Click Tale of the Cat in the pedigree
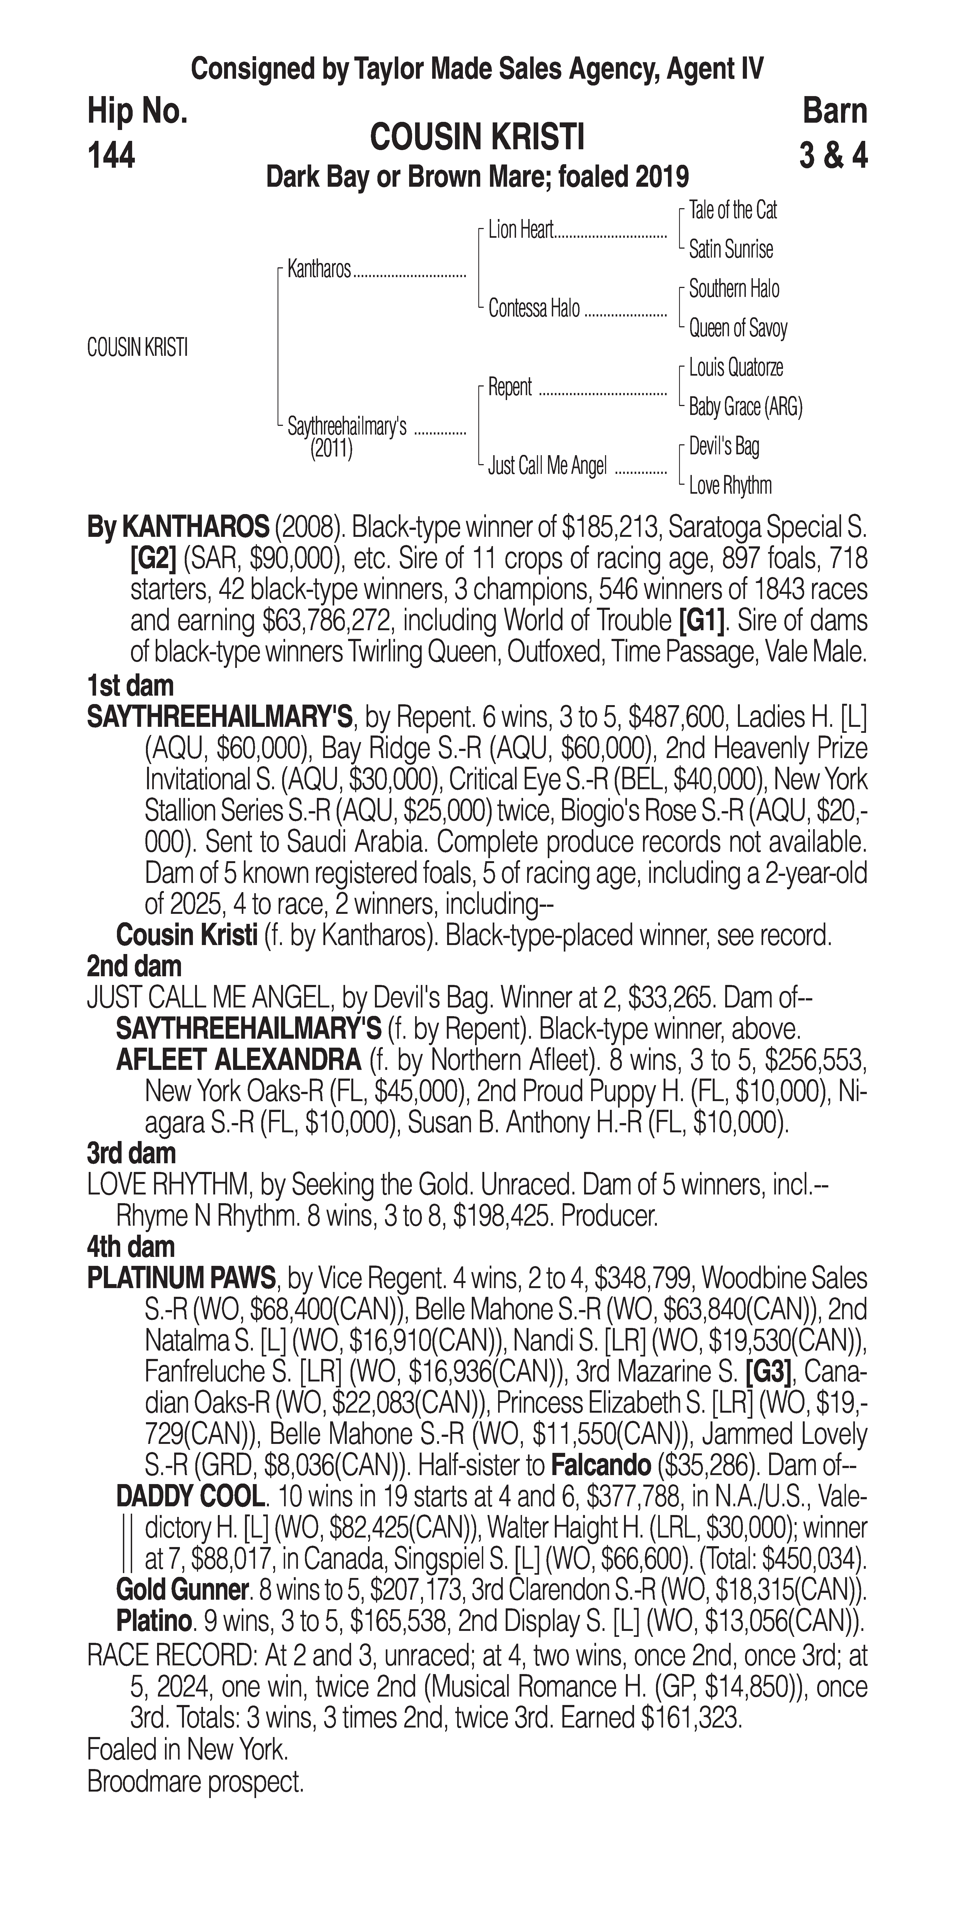pos(733,210)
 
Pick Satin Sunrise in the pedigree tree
pos(731,250)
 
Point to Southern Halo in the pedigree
pos(734,289)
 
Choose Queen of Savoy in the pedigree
pos(738,328)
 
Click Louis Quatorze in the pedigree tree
pos(736,367)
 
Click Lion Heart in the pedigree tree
pos(520,230)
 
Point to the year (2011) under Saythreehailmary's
pos(331,449)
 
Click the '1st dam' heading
pos(130,685)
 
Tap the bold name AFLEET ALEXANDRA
pos(238,1061)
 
